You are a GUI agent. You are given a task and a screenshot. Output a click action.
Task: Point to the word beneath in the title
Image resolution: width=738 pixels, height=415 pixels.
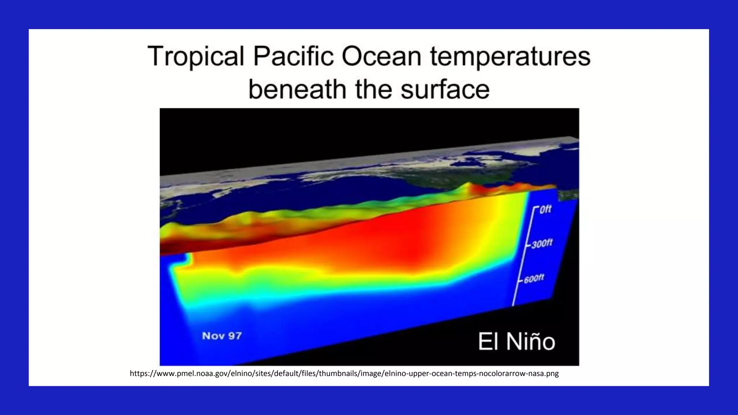[x=297, y=89]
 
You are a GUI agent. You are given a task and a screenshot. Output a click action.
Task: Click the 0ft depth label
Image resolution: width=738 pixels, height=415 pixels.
[x=545, y=209]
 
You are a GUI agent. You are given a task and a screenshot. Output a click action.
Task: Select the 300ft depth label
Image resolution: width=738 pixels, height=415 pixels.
[x=542, y=244]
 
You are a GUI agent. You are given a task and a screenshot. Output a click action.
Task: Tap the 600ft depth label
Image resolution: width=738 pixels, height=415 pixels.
[x=534, y=278]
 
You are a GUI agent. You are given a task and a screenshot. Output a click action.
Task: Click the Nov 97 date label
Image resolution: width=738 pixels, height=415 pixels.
[x=222, y=336]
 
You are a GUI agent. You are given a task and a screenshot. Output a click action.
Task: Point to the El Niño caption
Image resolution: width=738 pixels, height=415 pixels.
[x=516, y=341]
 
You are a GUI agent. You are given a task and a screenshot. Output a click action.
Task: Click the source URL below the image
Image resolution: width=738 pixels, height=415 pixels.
[x=344, y=374]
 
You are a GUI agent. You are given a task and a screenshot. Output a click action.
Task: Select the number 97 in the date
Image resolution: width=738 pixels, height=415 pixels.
[x=235, y=336]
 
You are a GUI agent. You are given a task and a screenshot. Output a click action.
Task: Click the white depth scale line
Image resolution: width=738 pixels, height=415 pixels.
[x=523, y=259]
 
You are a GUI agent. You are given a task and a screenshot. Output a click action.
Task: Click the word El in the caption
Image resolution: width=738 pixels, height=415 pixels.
[x=488, y=341]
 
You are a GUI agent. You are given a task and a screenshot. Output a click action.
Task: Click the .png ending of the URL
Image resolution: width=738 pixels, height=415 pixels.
[x=552, y=374]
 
